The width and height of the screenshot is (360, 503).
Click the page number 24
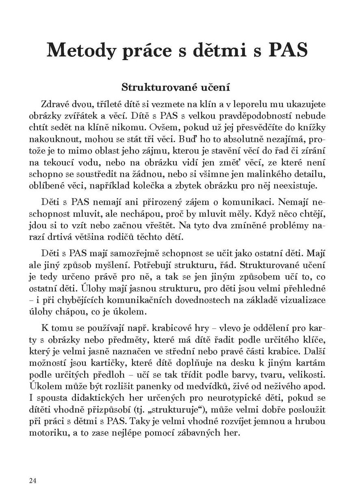click(33, 481)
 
